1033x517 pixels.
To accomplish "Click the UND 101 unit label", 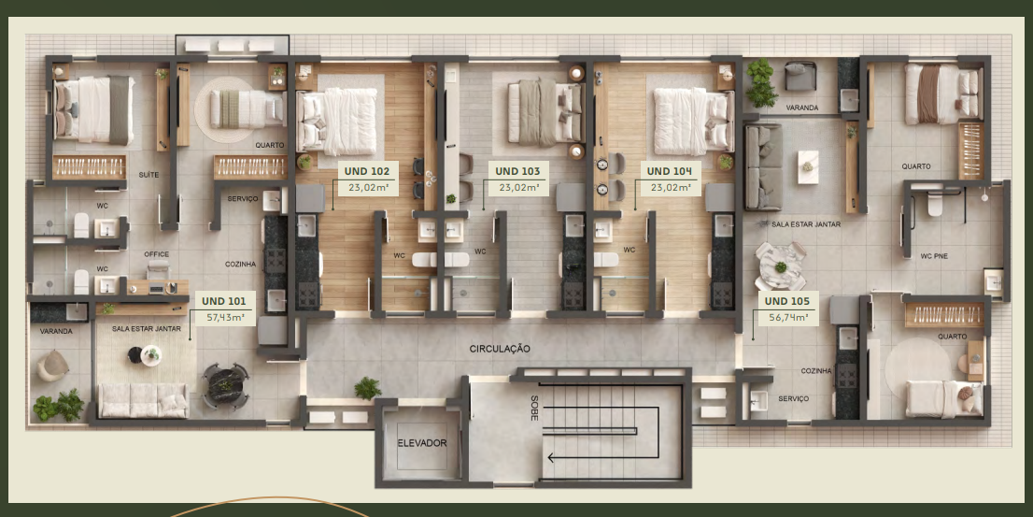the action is click(x=224, y=301).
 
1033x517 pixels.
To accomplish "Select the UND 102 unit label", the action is click(x=367, y=171).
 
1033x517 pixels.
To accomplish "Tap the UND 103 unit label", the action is click(x=517, y=171).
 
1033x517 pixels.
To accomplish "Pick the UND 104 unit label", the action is click(x=670, y=171).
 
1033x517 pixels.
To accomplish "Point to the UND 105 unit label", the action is click(x=786, y=301).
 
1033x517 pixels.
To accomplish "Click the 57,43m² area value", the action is click(x=224, y=317).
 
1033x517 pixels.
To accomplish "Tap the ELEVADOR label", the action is click(x=421, y=443).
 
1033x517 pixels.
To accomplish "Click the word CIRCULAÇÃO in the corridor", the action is click(x=500, y=348).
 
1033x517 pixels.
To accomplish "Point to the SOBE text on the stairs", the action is click(x=534, y=409).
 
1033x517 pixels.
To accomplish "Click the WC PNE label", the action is click(x=934, y=256).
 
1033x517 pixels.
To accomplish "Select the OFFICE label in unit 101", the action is click(x=157, y=254).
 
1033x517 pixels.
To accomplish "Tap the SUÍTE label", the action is click(x=149, y=175).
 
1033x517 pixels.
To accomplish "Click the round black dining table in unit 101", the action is click(x=225, y=384).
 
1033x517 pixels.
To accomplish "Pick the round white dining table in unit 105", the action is click(x=781, y=266).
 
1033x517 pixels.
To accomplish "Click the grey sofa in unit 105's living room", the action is click(x=763, y=166).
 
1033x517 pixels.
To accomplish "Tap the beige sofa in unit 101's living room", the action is click(x=143, y=400).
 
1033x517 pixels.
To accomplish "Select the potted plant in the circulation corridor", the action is click(x=368, y=388).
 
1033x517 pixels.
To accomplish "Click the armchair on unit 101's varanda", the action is click(x=52, y=366).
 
